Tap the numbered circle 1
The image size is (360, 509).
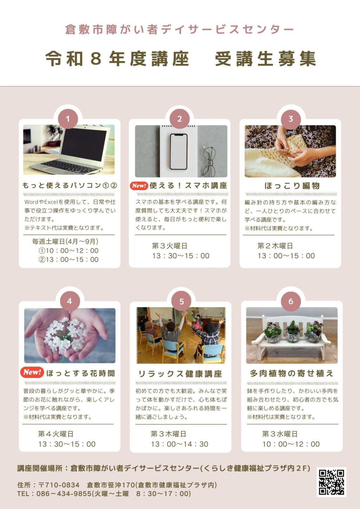(x=68, y=119)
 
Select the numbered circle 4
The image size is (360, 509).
(x=70, y=301)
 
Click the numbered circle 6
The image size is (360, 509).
(x=291, y=302)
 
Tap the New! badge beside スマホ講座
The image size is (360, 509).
(x=139, y=186)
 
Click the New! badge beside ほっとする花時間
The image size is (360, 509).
(x=32, y=372)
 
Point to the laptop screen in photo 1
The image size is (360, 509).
(x=84, y=145)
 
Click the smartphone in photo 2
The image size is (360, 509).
(x=179, y=152)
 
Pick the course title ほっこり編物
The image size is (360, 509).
(x=292, y=186)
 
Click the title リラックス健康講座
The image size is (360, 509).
(x=180, y=374)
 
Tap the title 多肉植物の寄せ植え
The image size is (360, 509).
(x=291, y=373)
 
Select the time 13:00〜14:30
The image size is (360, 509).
(x=180, y=444)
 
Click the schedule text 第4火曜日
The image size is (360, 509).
(x=56, y=434)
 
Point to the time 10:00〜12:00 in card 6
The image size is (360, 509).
(x=291, y=444)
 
